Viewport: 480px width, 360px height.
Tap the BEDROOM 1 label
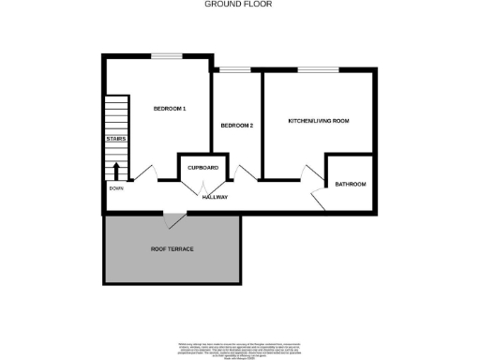(x=170, y=109)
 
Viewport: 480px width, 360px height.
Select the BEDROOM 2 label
(x=237, y=126)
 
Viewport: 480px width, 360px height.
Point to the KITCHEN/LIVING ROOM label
(x=319, y=121)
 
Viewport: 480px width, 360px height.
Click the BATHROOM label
(x=351, y=184)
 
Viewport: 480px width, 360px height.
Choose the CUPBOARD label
(x=203, y=167)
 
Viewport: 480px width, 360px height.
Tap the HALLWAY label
(x=215, y=197)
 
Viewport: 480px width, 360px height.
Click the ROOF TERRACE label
(x=172, y=248)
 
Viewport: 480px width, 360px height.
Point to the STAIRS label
(x=115, y=139)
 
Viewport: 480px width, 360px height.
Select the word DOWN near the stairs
(x=115, y=188)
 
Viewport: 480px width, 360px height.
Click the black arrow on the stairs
(x=116, y=171)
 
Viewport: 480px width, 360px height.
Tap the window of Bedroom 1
(x=169, y=56)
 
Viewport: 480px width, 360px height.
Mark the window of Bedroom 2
(x=236, y=69)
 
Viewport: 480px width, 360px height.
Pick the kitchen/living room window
(x=319, y=69)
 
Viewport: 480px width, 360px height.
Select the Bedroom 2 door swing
(x=247, y=172)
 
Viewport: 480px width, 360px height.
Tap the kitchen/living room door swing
(x=310, y=172)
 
